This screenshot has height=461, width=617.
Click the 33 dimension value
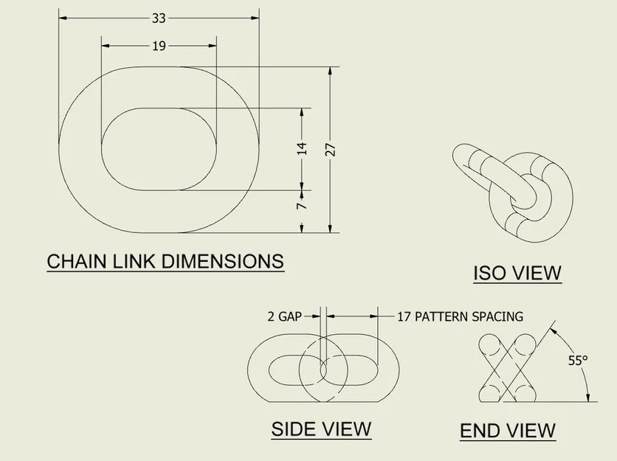coord(159,18)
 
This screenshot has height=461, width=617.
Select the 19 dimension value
coord(159,46)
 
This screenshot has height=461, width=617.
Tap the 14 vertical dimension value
coord(301,149)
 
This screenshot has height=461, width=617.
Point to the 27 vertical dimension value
coord(330,149)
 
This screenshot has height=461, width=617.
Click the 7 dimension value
coord(301,207)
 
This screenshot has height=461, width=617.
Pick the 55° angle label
coord(578,361)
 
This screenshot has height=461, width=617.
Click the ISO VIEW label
coord(517,273)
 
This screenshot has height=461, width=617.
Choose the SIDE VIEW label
coord(321,429)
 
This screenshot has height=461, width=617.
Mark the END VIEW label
coord(508,430)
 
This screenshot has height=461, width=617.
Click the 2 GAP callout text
coord(284,316)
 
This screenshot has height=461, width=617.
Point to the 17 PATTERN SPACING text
coord(460,316)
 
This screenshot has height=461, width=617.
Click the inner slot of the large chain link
coord(159,149)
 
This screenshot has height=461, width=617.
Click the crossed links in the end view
coord(509,368)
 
